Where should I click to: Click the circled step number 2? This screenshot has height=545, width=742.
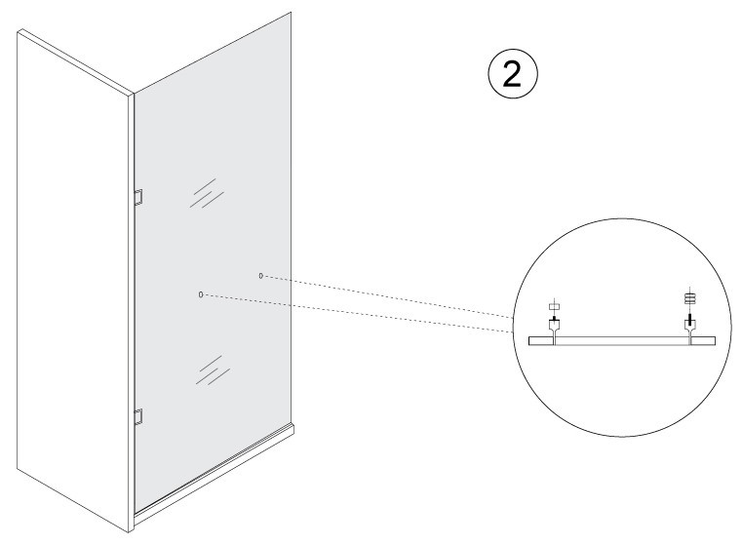click(513, 74)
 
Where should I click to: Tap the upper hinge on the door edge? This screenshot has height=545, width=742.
click(137, 197)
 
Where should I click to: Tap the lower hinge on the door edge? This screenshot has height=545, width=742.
click(137, 416)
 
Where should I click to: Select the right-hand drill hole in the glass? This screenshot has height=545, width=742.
click(260, 276)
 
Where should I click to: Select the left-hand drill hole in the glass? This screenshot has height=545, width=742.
click(201, 294)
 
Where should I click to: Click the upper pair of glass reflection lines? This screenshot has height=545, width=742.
click(207, 193)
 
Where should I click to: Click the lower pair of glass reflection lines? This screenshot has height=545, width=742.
click(213, 370)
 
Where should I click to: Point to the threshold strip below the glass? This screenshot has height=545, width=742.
click(214, 474)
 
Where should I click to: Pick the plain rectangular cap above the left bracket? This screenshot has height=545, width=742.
click(554, 306)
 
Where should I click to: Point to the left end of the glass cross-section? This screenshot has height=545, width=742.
click(529, 341)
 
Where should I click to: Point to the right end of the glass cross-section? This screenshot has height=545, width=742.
click(715, 341)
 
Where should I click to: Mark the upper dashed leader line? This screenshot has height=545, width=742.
click(387, 295)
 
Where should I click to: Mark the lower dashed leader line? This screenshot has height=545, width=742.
click(357, 313)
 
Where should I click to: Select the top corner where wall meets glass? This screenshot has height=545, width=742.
click(134, 94)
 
